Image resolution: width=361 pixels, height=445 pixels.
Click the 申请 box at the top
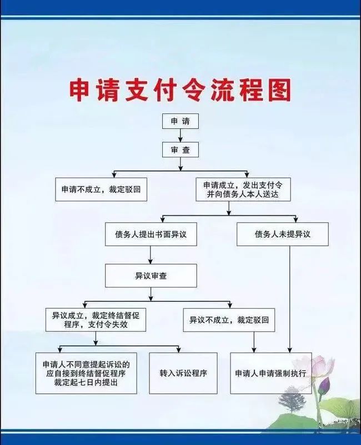(x=180, y=121)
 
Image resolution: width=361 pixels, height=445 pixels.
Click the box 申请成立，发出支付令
(x=243, y=189)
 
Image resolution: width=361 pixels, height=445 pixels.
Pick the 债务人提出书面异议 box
(x=151, y=234)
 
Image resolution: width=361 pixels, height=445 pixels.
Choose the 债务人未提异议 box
(x=282, y=234)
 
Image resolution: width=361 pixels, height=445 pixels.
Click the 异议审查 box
(x=151, y=275)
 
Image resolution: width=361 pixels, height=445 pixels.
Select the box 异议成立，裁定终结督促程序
(x=96, y=319)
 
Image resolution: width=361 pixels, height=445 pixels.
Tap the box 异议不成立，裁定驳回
(x=229, y=320)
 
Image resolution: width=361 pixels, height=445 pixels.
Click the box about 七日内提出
(x=86, y=373)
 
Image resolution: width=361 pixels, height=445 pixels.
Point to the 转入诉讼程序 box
(x=183, y=373)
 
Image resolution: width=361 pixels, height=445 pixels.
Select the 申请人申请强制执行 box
(x=270, y=373)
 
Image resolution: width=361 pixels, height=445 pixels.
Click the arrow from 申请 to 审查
(x=180, y=135)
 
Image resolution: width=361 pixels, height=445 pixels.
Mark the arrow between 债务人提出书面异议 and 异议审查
(x=151, y=255)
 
